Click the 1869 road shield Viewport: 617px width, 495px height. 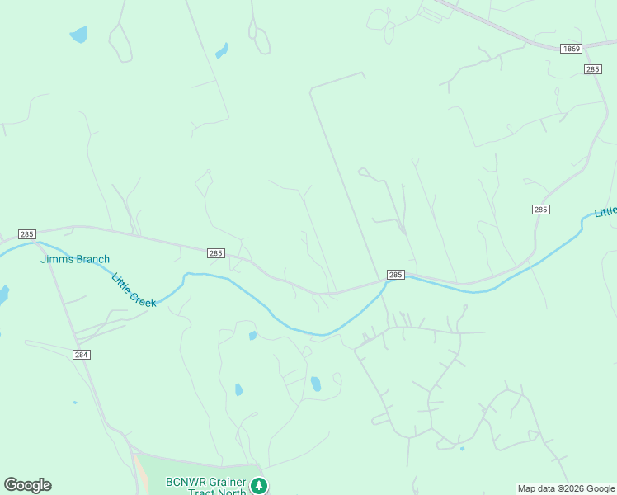[x=572, y=49]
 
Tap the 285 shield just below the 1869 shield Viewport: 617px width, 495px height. [x=592, y=69]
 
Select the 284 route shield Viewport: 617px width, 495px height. [x=81, y=354]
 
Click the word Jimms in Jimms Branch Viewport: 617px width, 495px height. [x=56, y=259]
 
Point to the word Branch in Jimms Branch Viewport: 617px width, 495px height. [x=92, y=259]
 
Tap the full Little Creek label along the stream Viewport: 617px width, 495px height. [x=134, y=290]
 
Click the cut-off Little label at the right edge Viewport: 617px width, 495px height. [x=605, y=212]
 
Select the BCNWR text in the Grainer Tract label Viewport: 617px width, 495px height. [x=183, y=482]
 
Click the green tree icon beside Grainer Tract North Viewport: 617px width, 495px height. [x=260, y=485]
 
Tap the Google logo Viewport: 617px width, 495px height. [x=27, y=485]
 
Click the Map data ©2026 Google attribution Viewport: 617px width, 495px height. [x=567, y=488]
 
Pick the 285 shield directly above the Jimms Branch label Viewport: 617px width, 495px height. [x=27, y=234]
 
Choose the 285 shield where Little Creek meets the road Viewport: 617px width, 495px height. [x=395, y=275]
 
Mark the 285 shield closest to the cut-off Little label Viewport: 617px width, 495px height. [x=540, y=210]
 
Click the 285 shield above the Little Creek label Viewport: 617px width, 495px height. [x=215, y=253]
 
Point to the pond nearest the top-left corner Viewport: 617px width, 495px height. [x=78, y=35]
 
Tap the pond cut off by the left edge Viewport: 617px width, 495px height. [x=3, y=295]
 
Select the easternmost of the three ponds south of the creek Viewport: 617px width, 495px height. [x=315, y=384]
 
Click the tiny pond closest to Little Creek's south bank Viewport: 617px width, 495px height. [x=252, y=336]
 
